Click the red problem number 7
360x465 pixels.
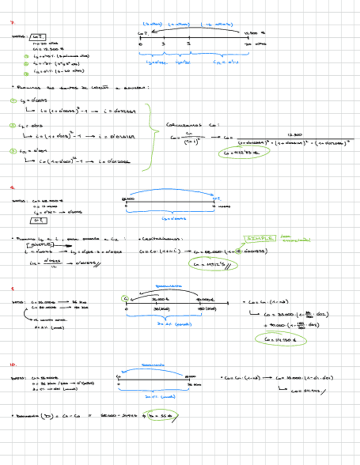click(12, 23)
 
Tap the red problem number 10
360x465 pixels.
click(13, 364)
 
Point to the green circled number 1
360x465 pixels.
click(14, 100)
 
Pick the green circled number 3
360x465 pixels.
click(14, 151)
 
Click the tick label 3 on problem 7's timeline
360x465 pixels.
click(163, 43)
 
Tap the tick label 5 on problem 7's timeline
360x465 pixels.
click(188, 43)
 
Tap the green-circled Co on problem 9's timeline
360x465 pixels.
click(125, 299)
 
